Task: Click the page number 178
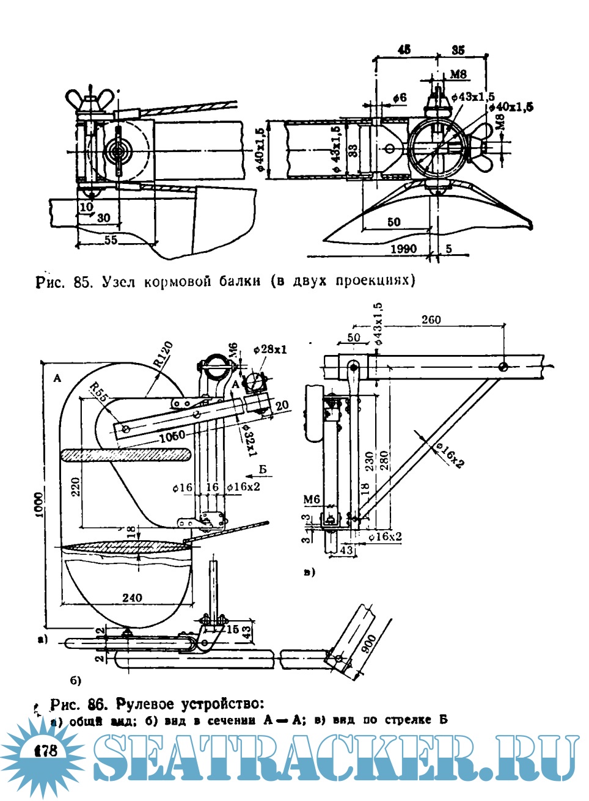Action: click(x=46, y=749)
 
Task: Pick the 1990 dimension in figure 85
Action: click(x=403, y=249)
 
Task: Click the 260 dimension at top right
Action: click(x=430, y=320)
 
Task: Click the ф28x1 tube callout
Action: click(x=269, y=349)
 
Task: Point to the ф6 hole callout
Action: click(x=399, y=97)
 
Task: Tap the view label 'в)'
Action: click(x=309, y=572)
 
